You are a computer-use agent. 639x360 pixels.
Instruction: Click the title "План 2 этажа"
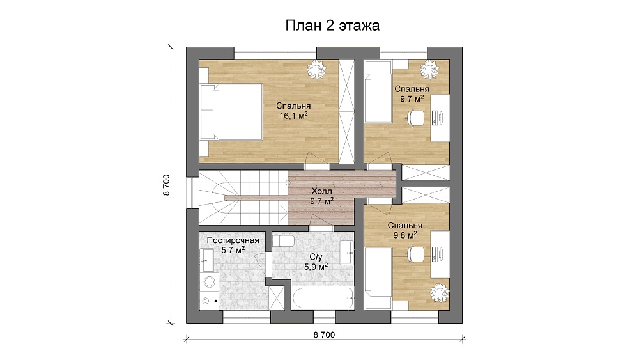[x=332, y=26]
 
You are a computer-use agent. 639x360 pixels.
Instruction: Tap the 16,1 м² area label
[x=293, y=116]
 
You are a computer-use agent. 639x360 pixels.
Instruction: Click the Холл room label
[x=321, y=191]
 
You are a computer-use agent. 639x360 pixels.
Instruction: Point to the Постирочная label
[x=233, y=240]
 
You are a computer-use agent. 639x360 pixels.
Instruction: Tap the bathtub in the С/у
[x=323, y=299]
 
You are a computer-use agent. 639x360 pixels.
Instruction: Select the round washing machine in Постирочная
[x=210, y=282]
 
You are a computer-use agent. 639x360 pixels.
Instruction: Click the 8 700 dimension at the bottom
[x=324, y=334]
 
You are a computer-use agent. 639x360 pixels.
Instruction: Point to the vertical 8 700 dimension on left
[x=166, y=185]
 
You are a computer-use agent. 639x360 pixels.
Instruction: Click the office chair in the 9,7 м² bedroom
[x=415, y=118]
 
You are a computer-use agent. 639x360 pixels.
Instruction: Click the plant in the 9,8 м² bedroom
[x=440, y=292]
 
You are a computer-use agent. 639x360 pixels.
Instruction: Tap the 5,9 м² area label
[x=316, y=267]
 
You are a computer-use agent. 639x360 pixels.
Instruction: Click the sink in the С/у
[x=346, y=253]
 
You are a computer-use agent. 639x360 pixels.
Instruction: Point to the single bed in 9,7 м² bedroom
[x=378, y=91]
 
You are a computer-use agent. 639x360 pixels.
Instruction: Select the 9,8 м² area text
[x=404, y=235]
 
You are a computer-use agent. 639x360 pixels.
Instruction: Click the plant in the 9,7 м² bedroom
[x=429, y=70]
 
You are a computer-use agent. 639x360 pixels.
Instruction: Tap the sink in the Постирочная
[x=207, y=260]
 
